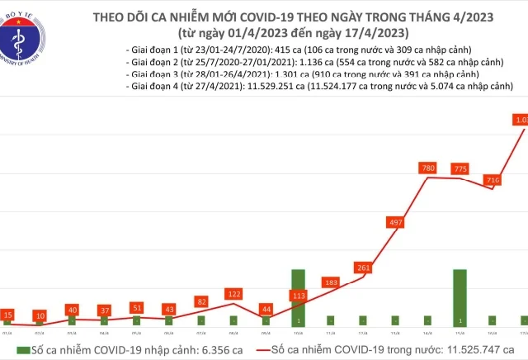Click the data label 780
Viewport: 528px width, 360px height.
click(428, 168)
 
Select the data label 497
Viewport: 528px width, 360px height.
click(396, 222)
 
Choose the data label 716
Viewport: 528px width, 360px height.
click(493, 180)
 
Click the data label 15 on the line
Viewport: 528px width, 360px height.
click(7, 315)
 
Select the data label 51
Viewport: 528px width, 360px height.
click(137, 308)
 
